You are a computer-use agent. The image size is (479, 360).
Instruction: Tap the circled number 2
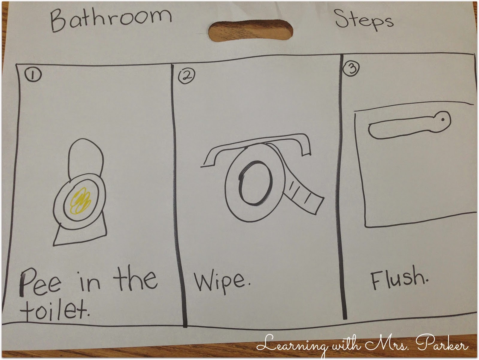click(x=186, y=76)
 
